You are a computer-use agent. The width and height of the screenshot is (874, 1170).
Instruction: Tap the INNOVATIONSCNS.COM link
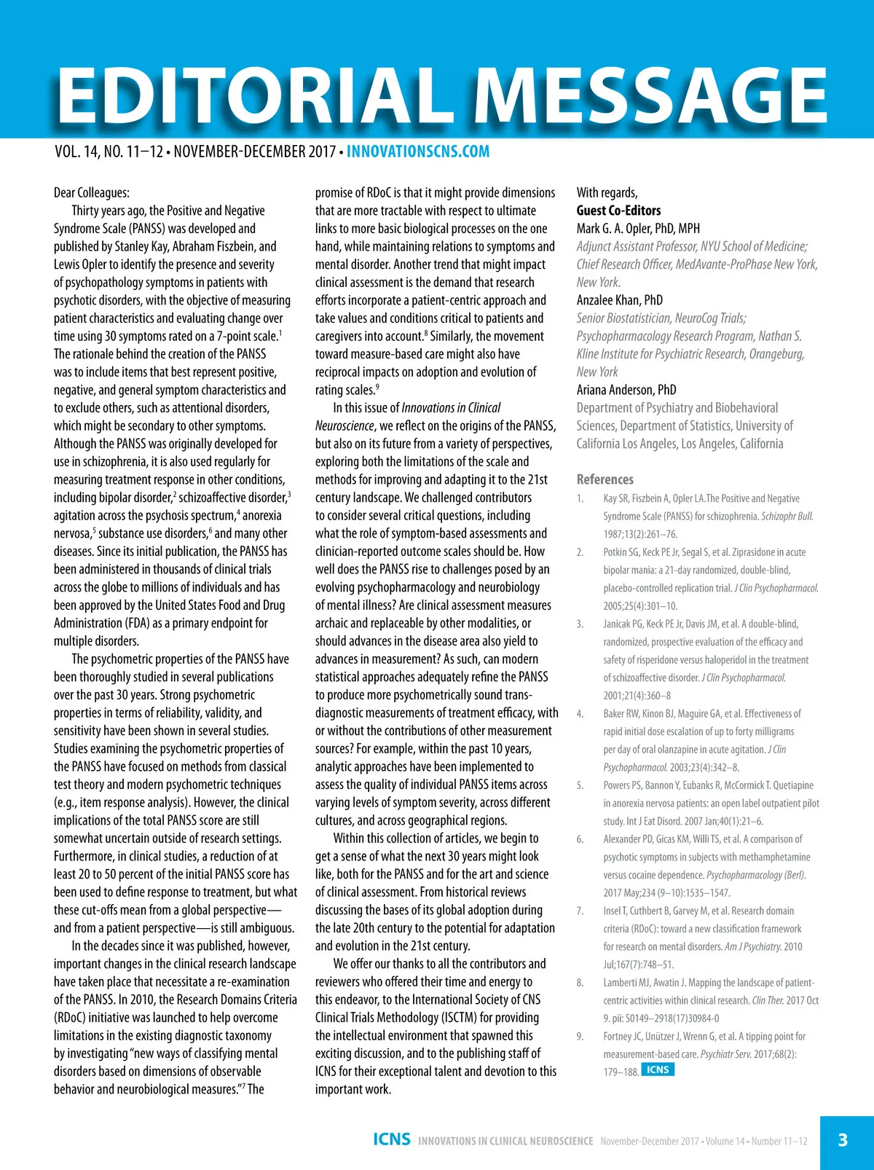coord(418,152)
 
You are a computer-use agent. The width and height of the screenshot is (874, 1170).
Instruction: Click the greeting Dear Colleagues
coord(92,192)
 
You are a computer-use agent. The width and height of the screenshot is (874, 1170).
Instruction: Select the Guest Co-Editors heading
coord(618,211)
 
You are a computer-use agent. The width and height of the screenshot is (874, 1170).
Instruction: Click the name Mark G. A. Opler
coord(638,228)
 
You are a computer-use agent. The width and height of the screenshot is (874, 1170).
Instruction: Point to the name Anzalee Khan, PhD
coord(619,299)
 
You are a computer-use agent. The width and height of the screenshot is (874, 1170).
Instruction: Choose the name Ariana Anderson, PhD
coord(626,389)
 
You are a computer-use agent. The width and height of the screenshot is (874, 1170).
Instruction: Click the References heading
coord(605,479)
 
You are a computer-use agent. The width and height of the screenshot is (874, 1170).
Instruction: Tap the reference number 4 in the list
coord(580,714)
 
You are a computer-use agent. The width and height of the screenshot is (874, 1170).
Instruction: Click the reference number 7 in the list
coord(580,911)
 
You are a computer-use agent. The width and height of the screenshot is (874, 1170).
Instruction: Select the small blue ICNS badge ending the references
coord(658,1069)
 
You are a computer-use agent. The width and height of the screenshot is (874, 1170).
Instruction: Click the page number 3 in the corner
coord(843,1140)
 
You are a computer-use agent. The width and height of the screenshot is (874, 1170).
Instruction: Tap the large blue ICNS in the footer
coord(391,1139)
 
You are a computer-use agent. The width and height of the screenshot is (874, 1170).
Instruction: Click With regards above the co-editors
coord(607,192)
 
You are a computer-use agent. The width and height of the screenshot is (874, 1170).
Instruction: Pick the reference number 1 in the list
coord(580,499)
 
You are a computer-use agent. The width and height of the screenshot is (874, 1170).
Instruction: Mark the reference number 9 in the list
coord(580,1037)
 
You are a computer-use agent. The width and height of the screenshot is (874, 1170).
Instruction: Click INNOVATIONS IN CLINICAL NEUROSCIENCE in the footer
coord(505,1141)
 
